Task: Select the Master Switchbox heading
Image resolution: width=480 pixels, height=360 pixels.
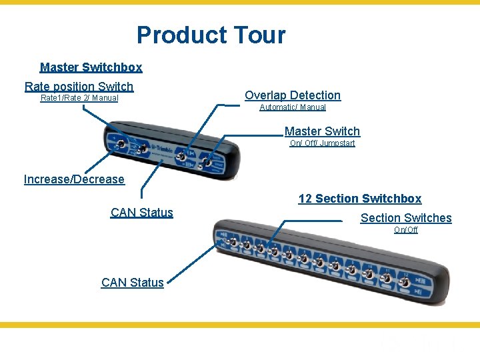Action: (91, 67)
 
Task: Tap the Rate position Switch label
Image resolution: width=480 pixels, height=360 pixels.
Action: (79, 86)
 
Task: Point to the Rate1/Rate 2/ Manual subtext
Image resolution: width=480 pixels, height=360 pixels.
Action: (79, 98)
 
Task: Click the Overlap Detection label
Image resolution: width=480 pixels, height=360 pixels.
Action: (293, 95)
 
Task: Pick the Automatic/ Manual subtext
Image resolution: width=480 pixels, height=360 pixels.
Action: (293, 107)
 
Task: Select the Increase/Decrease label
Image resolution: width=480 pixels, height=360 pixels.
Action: (74, 179)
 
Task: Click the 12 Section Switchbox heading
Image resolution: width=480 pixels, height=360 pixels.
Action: (360, 199)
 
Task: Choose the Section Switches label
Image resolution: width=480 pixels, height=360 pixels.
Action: (406, 218)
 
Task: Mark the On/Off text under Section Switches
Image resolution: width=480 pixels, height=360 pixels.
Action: (406, 230)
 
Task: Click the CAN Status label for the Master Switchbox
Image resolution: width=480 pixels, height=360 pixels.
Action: (142, 213)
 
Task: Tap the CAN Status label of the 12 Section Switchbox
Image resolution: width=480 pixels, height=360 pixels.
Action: (133, 283)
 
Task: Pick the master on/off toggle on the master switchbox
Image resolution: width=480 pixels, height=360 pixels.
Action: (208, 161)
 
